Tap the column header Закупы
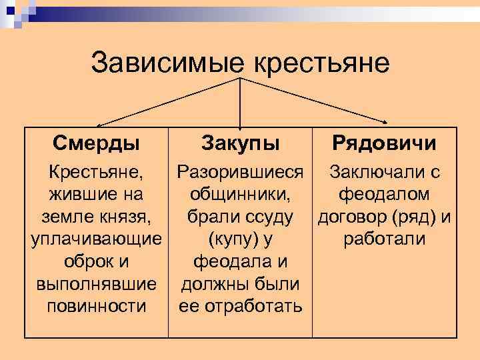coord(241,143)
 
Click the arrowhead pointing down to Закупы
coord(240,123)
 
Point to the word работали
coord(385,239)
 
